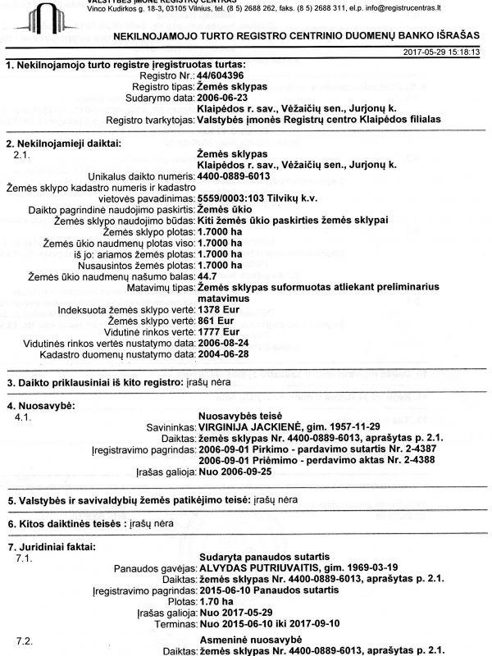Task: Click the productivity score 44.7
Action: [x=209, y=277]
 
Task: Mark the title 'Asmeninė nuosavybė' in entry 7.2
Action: [x=251, y=639]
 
